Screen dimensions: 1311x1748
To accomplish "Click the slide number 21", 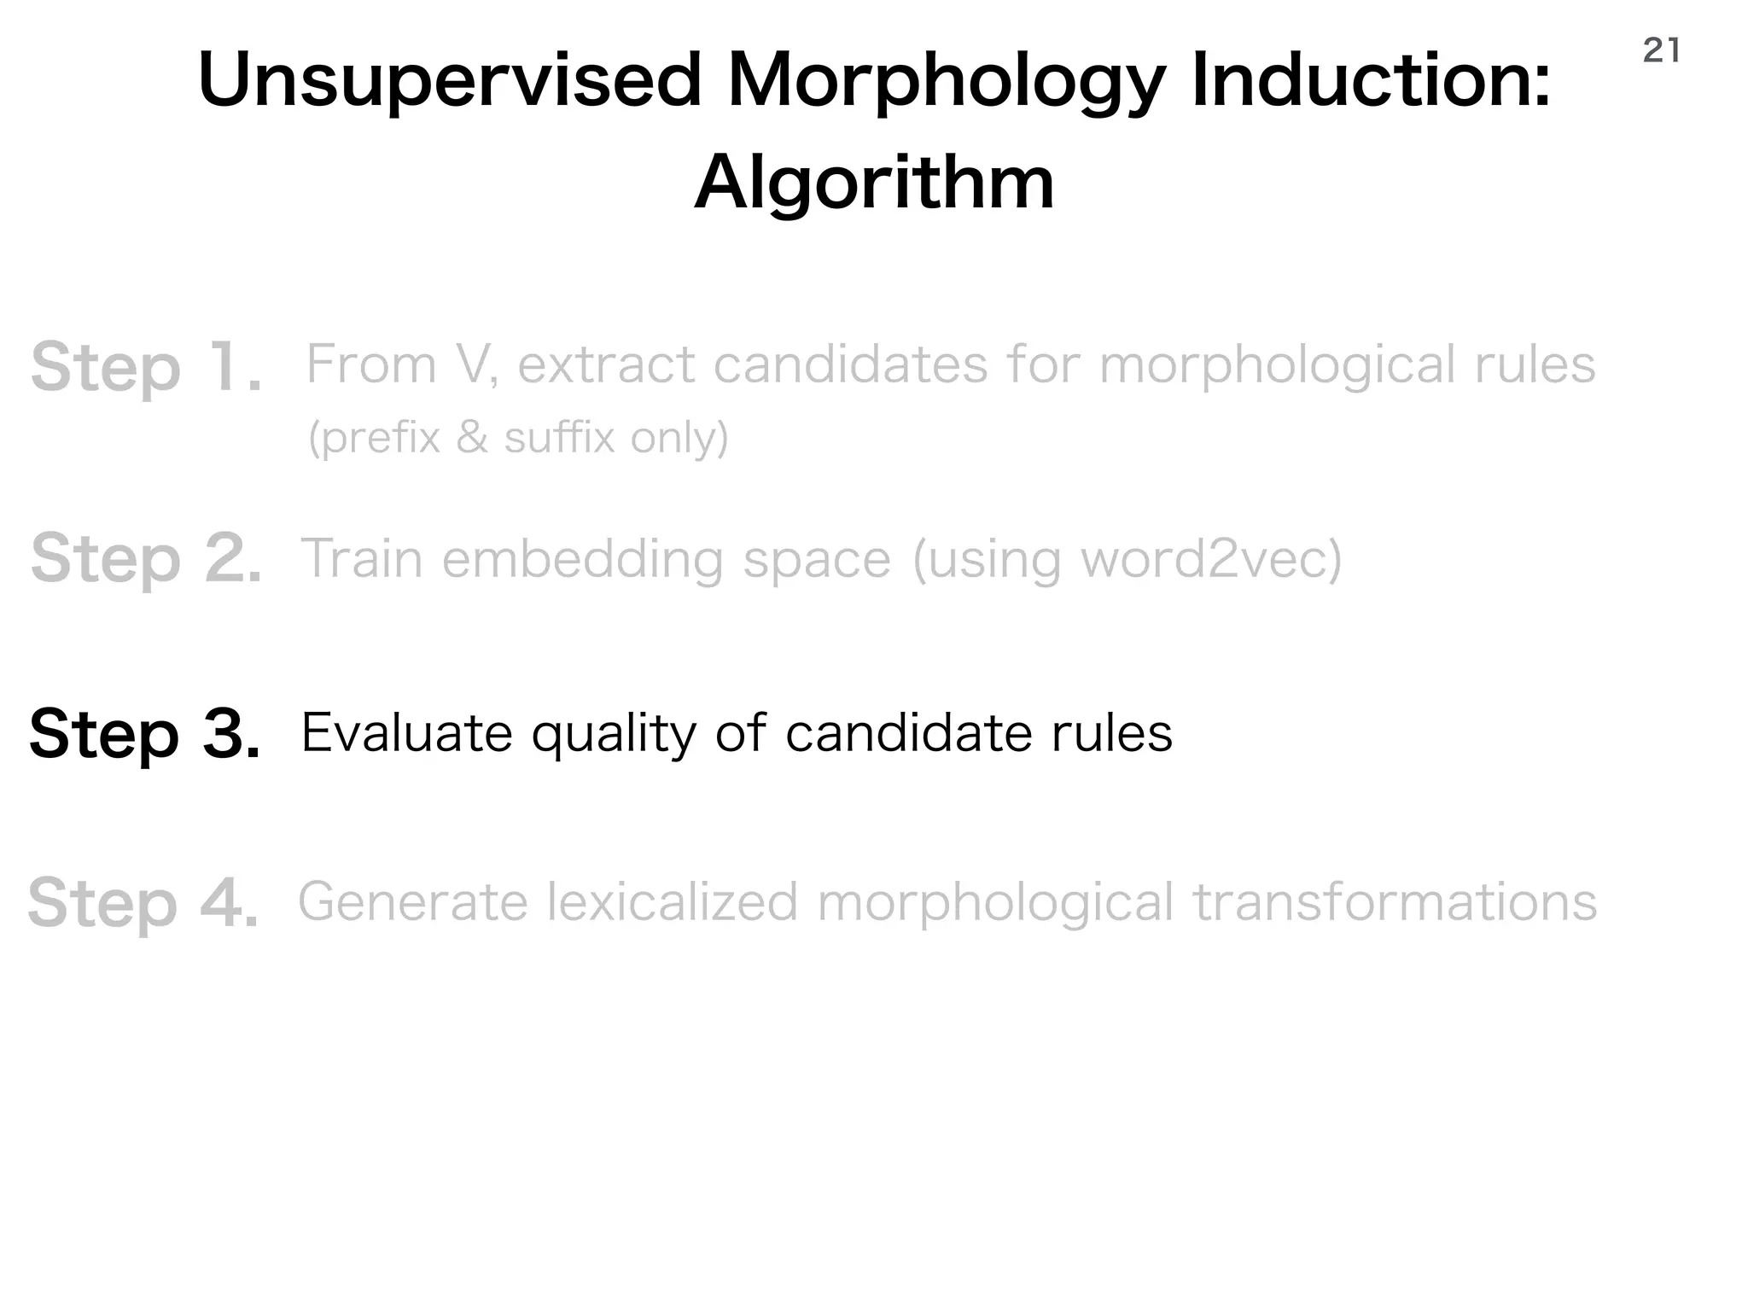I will [x=1661, y=51].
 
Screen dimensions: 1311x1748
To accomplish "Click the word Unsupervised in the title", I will [x=449, y=81].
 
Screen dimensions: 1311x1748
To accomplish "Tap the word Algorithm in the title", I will [x=874, y=184].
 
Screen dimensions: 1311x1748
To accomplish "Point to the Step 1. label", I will [x=146, y=368].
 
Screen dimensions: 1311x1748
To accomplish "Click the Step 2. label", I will [x=146, y=559].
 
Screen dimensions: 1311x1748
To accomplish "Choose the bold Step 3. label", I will [x=144, y=734].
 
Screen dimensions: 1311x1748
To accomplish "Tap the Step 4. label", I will [x=143, y=903].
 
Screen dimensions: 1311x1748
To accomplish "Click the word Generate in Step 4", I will [x=412, y=902].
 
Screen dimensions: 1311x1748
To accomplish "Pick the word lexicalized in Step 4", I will [x=673, y=902].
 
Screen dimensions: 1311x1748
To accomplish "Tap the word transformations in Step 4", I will [x=1394, y=902].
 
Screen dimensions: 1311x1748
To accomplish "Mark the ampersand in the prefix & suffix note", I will [x=472, y=438].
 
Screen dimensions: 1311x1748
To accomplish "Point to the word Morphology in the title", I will [x=947, y=81].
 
